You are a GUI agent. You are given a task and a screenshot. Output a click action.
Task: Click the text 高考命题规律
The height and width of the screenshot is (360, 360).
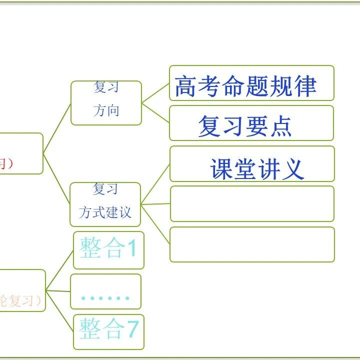click(245, 86)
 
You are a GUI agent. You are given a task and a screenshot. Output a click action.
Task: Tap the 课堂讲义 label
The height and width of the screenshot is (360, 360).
click(257, 168)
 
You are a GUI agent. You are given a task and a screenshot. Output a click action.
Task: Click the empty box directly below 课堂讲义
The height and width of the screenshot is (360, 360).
click(251, 203)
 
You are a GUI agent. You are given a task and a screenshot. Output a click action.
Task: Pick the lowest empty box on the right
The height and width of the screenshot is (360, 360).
click(251, 244)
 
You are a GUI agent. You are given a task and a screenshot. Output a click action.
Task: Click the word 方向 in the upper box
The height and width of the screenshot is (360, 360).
click(106, 110)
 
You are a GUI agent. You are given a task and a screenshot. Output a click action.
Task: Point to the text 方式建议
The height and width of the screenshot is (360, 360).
click(105, 212)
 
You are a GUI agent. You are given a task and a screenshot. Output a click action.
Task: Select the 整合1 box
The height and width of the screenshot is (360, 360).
click(108, 249)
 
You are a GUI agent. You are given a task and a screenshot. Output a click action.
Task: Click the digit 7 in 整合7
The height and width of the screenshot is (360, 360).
click(131, 329)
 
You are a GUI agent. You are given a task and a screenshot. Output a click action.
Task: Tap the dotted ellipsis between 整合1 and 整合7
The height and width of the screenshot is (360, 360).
click(105, 298)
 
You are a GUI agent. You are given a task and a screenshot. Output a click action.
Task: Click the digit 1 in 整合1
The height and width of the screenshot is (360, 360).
click(131, 248)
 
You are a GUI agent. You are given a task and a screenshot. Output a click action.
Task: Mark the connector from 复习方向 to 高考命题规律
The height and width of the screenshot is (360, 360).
click(155, 93)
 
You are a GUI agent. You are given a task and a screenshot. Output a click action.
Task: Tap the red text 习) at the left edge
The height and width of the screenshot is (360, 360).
click(5, 163)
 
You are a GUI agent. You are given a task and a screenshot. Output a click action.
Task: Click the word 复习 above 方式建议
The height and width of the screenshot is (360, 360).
click(105, 189)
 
